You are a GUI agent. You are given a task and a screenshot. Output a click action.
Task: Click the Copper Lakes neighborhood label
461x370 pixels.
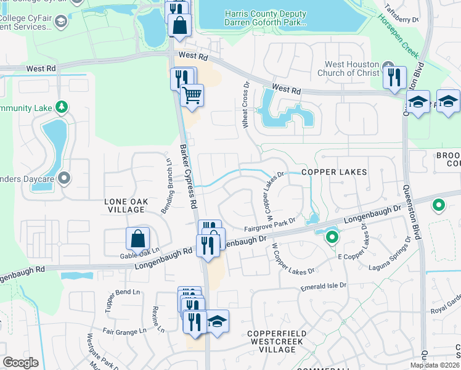click(334, 172)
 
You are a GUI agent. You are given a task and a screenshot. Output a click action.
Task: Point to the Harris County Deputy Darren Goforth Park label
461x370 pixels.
click(265, 18)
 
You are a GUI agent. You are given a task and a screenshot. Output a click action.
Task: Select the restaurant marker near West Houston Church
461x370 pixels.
click(394, 78)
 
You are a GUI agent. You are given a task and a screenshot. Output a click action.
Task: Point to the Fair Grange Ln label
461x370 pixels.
click(124, 331)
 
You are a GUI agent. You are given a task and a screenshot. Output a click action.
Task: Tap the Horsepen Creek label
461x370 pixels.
click(392, 33)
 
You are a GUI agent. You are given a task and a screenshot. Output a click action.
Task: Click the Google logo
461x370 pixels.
click(21, 363)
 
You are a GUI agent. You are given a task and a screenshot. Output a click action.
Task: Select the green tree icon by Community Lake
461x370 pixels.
click(61, 107)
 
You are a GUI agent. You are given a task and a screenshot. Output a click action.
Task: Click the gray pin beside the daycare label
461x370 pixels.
click(65, 179)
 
